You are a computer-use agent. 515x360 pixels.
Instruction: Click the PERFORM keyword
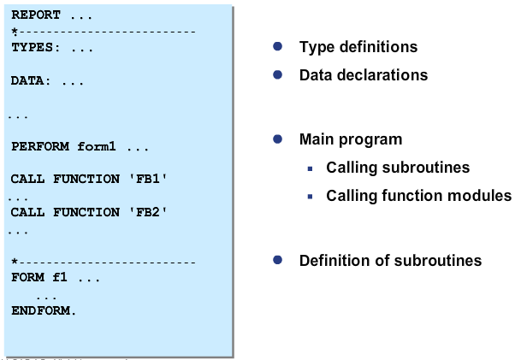coord(39,146)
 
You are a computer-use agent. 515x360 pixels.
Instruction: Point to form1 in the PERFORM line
coord(96,146)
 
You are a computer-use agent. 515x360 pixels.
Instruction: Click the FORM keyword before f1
coord(26,278)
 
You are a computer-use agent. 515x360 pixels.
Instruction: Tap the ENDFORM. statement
coord(43,310)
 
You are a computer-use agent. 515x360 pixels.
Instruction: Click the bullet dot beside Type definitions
coord(277,46)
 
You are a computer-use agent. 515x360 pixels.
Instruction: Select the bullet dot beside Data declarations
coord(277,74)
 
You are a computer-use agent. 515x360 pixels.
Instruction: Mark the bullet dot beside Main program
coord(277,139)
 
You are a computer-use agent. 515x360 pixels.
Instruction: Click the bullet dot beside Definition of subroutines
coord(277,260)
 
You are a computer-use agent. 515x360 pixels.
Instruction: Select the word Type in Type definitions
coord(315,47)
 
